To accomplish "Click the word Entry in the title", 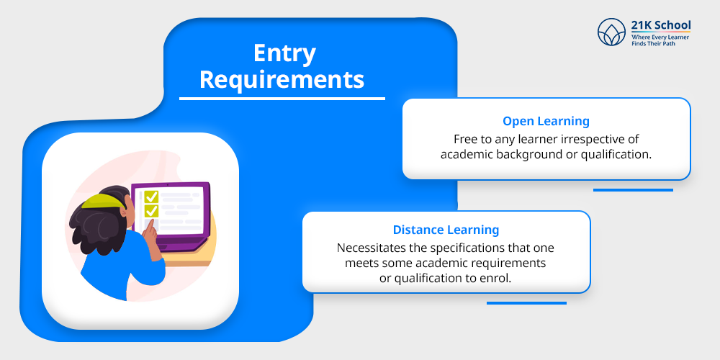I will coord(284,54).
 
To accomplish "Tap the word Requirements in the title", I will coord(282,79).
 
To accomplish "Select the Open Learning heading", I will coord(546,121).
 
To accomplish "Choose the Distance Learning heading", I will coord(446,230).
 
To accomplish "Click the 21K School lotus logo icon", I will coord(612,33).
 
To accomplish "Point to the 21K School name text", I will coord(660,25).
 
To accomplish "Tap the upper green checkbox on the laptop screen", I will coord(151,197).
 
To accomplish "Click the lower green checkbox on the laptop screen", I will coord(151,211).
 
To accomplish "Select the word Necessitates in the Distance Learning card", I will coord(373,248).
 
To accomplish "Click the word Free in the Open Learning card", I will coord(465,138).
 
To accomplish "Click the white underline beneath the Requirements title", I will coord(282,99).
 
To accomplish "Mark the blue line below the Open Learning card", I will coord(632,190).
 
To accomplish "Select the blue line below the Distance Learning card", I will coord(526,303).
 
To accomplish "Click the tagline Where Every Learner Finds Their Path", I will coord(660,40).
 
